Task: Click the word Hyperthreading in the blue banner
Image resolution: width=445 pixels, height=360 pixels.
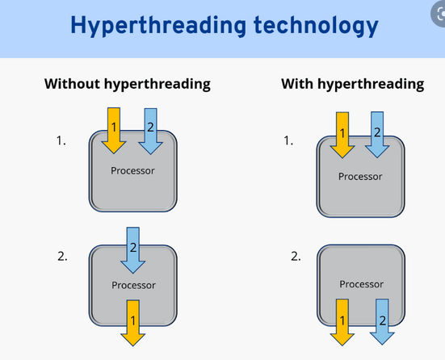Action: point(158,26)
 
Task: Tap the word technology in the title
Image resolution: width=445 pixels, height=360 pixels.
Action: point(316,26)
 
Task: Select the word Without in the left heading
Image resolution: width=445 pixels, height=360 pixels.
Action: point(72,84)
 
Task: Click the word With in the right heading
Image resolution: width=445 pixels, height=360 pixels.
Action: point(297,84)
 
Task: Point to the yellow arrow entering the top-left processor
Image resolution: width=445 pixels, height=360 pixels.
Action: point(114,131)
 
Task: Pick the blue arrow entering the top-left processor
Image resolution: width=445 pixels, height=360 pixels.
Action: point(150,131)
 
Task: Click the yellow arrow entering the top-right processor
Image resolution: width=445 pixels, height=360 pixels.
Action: point(342,135)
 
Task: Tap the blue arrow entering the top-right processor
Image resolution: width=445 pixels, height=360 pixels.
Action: point(377,135)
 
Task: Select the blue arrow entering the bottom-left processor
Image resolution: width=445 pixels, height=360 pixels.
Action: point(132,250)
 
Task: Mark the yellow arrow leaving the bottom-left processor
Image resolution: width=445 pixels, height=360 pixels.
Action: point(132,323)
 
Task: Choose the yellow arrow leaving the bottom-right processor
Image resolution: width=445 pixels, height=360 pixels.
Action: point(342,322)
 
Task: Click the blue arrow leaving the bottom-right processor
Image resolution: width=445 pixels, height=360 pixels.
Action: point(382,322)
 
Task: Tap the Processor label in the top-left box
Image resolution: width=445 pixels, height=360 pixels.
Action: point(132,171)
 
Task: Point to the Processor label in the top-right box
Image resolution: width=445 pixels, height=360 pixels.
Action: point(360,177)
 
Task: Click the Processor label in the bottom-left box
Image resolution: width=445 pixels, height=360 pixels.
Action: point(133,285)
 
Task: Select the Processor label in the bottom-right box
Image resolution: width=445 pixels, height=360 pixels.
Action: point(361,284)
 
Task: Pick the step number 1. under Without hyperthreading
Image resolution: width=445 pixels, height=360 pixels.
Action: point(61,140)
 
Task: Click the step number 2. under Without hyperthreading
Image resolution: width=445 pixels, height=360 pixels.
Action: point(62,257)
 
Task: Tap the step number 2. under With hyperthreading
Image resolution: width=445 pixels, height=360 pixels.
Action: point(296,257)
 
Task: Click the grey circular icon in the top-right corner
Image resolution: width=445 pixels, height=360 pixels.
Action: point(439,15)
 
